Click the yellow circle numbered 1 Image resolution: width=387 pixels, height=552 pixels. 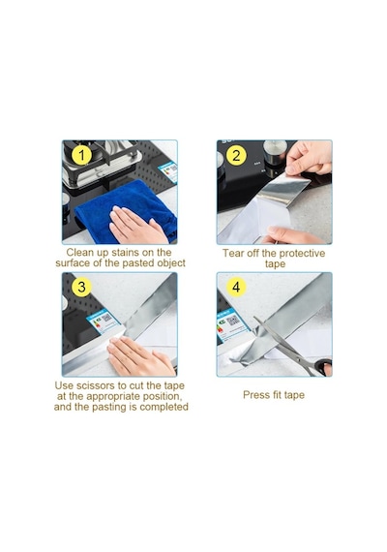pyautogui.click(x=81, y=155)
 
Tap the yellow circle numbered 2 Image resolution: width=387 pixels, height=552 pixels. pyautogui.click(x=236, y=155)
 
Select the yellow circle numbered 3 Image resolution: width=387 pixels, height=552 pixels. pyautogui.click(x=81, y=287)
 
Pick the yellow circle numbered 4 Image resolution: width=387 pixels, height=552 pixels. pyautogui.click(x=236, y=287)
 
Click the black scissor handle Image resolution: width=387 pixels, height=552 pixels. pyautogui.click(x=323, y=366)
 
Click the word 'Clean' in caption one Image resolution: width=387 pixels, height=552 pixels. pyautogui.click(x=79, y=253)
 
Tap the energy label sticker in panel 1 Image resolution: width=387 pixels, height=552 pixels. pyautogui.click(x=167, y=171)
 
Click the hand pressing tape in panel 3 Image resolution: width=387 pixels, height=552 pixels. pyautogui.click(x=140, y=356)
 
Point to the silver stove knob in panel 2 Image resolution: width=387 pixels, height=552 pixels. pyautogui.click(x=275, y=152)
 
